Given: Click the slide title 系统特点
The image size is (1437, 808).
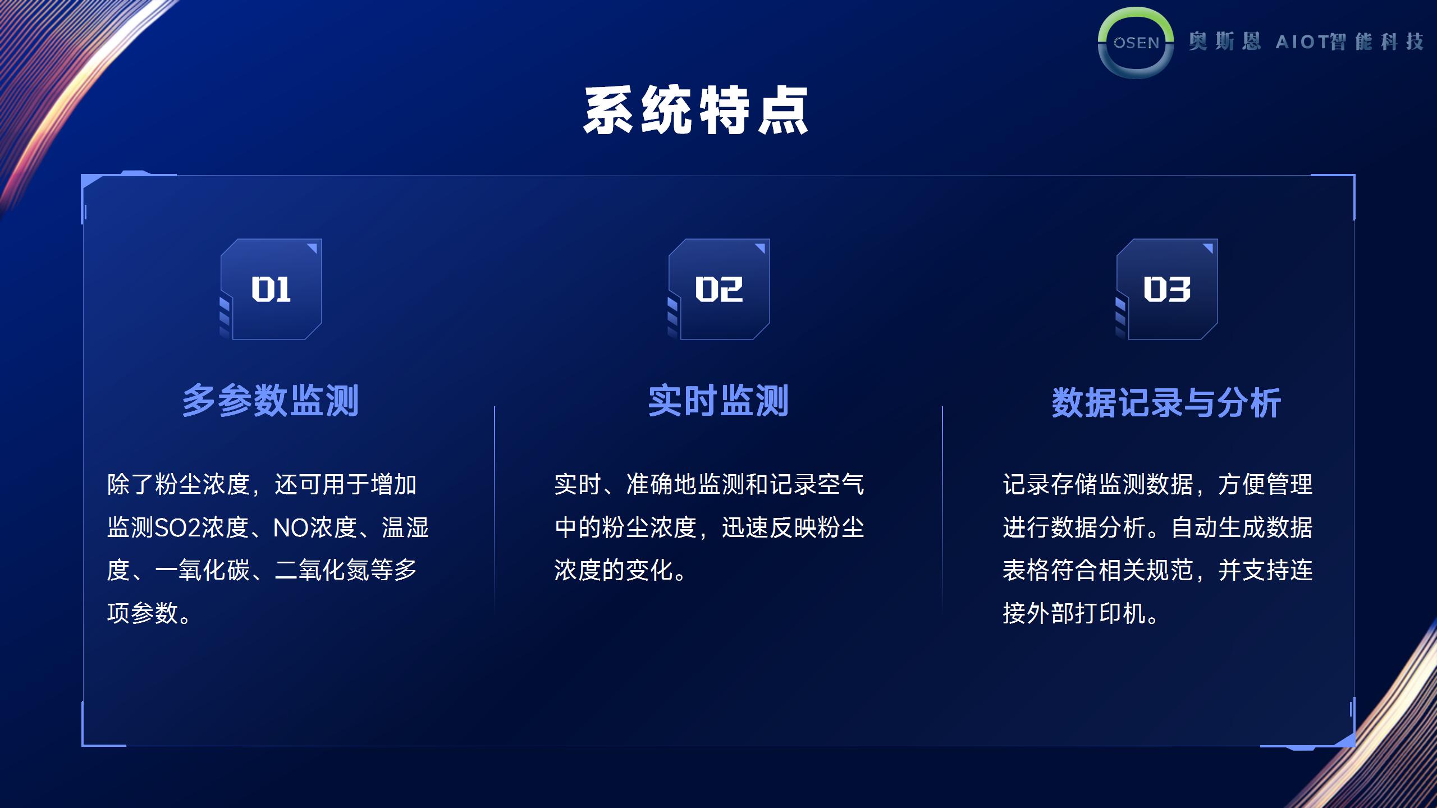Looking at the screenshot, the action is pos(695,111).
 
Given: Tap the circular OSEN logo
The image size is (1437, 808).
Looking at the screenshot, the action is pos(1136,43).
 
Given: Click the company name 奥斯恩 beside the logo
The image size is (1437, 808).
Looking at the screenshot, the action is pos(1224,42).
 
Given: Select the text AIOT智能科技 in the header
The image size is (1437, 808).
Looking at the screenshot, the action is pos(1349,42).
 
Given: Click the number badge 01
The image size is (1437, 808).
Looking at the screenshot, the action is pos(271,289).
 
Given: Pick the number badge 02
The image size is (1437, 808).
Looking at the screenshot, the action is pos(719,289).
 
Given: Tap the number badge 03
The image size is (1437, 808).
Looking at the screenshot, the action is pos(1167,289).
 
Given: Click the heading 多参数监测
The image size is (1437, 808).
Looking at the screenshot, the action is pos(271,401).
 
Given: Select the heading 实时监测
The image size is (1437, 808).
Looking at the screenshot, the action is pos(718,401).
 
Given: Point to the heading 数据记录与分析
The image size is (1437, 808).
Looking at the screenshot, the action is pos(1166,402).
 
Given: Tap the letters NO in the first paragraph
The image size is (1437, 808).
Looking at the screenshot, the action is pos(291,527).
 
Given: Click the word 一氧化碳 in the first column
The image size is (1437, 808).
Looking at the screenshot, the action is pos(202,570).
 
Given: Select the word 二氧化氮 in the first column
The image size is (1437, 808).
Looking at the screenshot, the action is pos(322,570).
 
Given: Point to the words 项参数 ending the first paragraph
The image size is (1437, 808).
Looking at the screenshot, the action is pos(143,613).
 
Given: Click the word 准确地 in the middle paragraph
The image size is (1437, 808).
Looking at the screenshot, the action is pos(661,484).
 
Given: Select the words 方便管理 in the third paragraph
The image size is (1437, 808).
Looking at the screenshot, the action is pos(1265,484).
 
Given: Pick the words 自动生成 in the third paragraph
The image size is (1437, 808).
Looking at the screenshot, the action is pos(1218,527).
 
